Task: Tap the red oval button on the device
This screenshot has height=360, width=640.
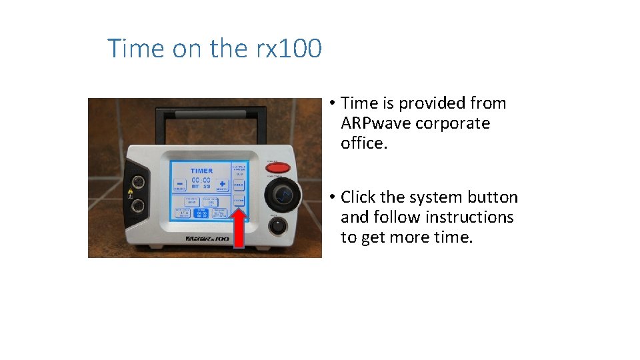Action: [x=278, y=168]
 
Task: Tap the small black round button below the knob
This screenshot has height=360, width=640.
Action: [x=277, y=225]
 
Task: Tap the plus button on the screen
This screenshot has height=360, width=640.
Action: [x=222, y=184]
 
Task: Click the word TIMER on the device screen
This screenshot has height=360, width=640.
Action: [x=201, y=171]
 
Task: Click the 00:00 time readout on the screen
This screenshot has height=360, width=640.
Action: [x=201, y=180]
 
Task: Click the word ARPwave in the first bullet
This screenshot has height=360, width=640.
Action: [x=375, y=123]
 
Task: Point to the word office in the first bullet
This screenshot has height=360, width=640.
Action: [x=363, y=143]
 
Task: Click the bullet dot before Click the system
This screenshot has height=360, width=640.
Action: [x=331, y=197]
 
